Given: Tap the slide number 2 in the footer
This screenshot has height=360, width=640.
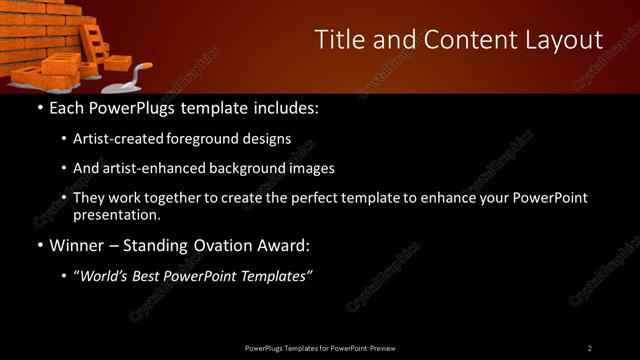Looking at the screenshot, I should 590,347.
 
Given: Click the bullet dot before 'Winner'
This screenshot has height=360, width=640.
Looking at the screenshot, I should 39,246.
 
